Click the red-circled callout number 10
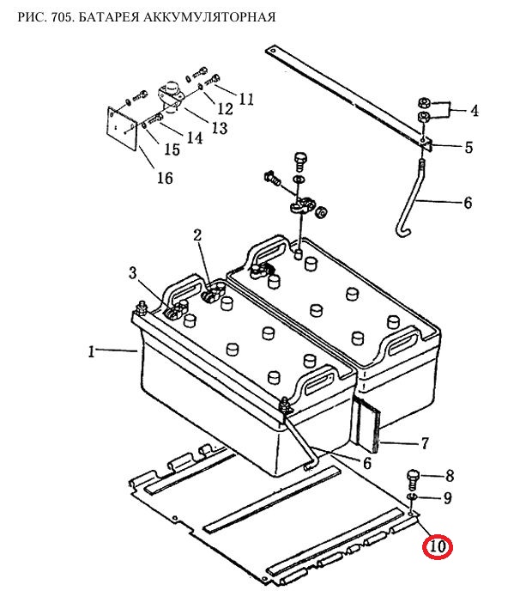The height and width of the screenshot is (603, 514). tap(438, 547)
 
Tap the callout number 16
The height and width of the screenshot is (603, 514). tap(165, 178)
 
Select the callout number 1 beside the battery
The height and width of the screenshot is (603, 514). tap(91, 352)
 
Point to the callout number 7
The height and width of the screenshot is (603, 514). tap(425, 443)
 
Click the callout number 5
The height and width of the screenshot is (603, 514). tap(469, 147)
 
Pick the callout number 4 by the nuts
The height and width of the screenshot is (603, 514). tap(475, 111)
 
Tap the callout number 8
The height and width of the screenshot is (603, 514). tap(450, 476)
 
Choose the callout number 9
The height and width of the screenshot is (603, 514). tap(448, 498)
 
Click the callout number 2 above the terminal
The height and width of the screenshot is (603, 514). tap(197, 235)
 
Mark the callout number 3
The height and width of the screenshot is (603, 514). tap(132, 273)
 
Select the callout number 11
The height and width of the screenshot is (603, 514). tap(246, 100)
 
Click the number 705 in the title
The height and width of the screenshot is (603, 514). tap(62, 17)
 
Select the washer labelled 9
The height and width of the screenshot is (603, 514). tap(411, 496)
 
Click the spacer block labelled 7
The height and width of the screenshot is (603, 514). tap(367, 425)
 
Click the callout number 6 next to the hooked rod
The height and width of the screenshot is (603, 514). tap(468, 203)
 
